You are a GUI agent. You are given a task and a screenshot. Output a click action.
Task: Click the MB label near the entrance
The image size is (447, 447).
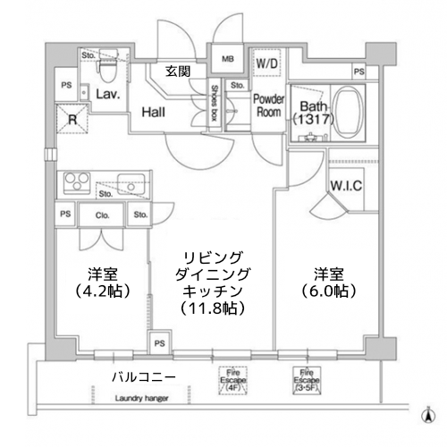[x=229, y=60]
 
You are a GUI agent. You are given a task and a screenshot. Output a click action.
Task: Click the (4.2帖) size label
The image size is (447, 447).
[x=101, y=291]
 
